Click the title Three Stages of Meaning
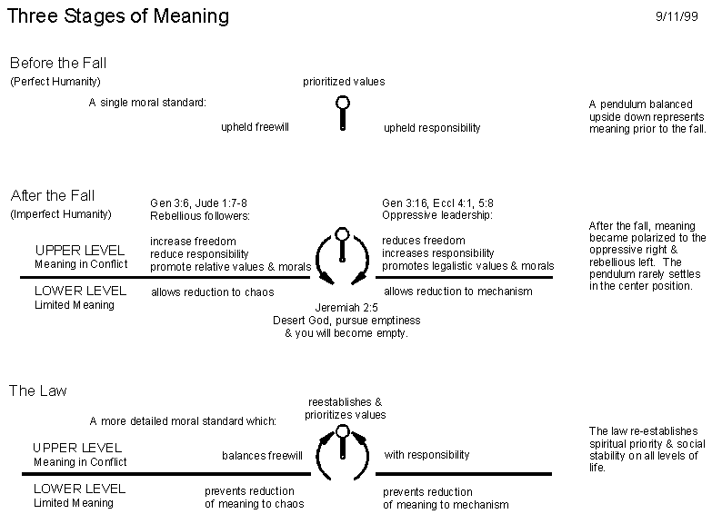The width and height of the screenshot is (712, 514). (x=118, y=16)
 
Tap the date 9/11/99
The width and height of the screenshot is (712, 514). (x=677, y=16)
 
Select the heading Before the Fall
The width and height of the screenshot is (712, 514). (x=58, y=63)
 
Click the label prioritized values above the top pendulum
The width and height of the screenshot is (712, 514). (x=344, y=82)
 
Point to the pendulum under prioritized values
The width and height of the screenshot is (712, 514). (x=343, y=114)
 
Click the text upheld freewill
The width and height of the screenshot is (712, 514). (x=255, y=127)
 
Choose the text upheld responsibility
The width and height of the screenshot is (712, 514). (x=432, y=128)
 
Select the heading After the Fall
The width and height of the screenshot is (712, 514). (x=53, y=195)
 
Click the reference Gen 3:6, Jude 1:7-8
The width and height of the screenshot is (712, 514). (x=198, y=203)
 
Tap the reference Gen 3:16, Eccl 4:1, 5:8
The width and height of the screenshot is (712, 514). (x=437, y=203)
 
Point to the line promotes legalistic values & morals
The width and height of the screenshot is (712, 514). (x=467, y=266)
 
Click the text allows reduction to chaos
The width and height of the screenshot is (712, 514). (x=213, y=292)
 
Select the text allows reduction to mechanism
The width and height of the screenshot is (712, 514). (x=457, y=292)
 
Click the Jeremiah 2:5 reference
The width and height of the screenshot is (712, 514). (x=346, y=308)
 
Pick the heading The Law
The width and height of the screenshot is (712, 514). (x=38, y=390)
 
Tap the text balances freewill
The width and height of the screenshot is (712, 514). (x=262, y=456)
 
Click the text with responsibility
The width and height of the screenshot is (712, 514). (x=426, y=455)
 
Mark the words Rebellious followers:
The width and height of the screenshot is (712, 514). (x=200, y=216)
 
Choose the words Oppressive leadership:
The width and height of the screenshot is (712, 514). (x=436, y=215)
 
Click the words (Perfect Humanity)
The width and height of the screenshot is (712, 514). (x=55, y=82)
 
